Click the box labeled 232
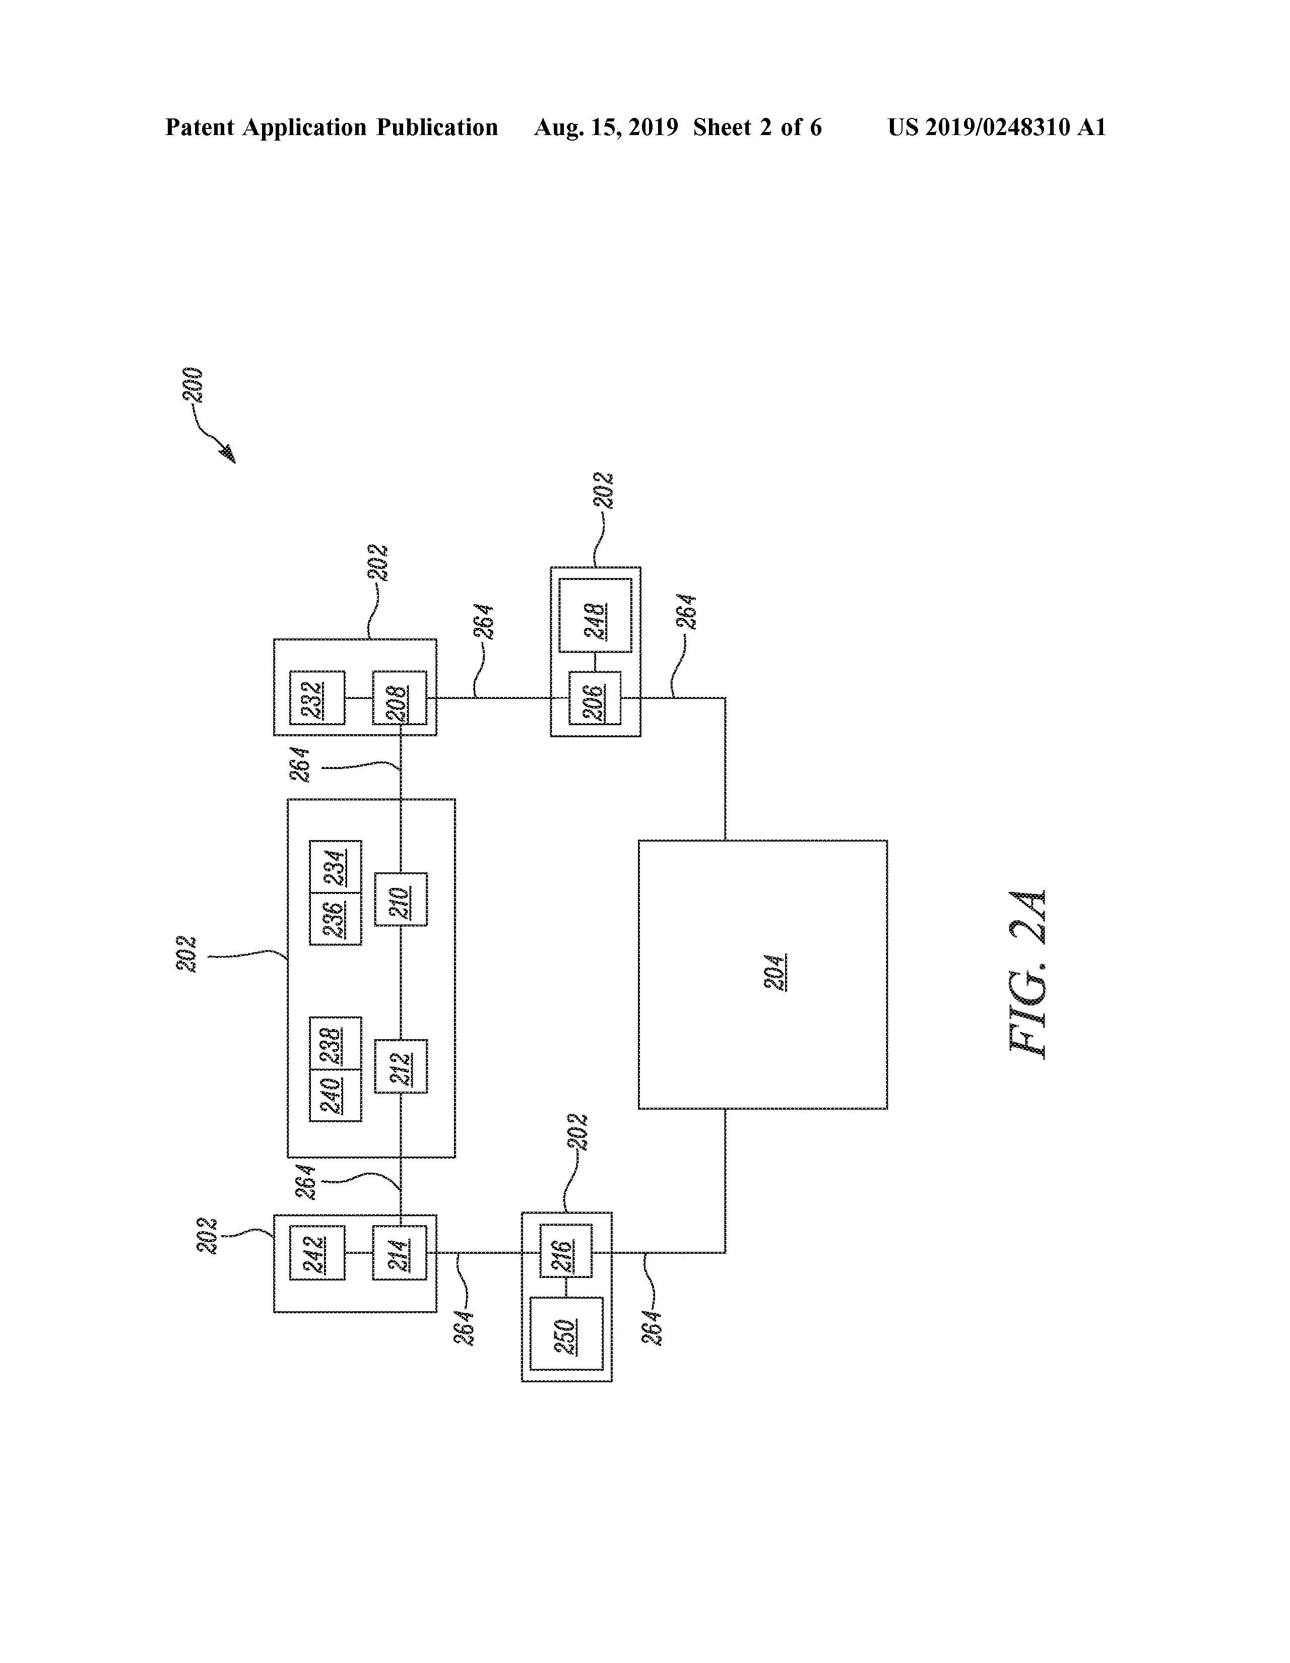pos(317,697)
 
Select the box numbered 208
pos(399,697)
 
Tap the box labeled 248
pos(595,615)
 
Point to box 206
pos(595,697)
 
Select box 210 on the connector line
pos(401,899)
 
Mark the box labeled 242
pos(317,1253)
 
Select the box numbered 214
pos(399,1253)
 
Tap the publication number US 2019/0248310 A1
pos(997,127)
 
